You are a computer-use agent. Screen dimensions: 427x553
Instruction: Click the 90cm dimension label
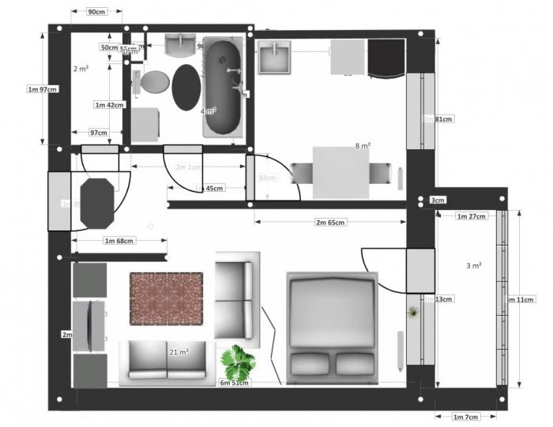click(97, 12)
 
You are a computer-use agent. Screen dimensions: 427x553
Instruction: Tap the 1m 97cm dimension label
click(43, 89)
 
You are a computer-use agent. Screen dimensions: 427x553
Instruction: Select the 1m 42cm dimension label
click(110, 105)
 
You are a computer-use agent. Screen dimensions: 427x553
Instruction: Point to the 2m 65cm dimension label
click(330, 223)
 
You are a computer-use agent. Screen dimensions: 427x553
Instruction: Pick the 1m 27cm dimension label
click(471, 215)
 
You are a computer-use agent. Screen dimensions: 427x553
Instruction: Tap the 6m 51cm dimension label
click(235, 383)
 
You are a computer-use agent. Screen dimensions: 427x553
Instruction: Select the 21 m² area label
click(179, 351)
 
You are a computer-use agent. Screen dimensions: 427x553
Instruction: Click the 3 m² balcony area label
click(474, 266)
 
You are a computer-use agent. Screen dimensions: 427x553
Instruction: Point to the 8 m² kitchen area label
click(363, 145)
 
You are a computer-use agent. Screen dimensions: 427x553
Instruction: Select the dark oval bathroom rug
click(186, 87)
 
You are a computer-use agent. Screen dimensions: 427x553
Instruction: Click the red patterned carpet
click(166, 298)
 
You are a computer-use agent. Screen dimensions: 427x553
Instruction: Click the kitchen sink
click(276, 56)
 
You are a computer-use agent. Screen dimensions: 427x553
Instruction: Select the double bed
click(332, 328)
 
